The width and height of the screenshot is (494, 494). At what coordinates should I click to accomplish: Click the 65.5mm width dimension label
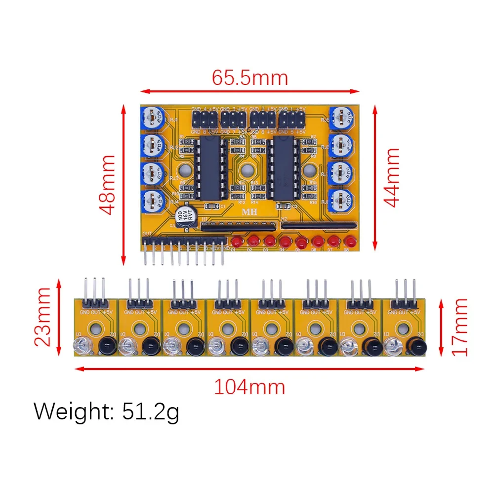click(x=249, y=78)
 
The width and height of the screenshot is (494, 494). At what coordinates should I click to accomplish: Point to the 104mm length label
click(x=249, y=387)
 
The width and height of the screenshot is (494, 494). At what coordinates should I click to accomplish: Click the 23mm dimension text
click(x=42, y=317)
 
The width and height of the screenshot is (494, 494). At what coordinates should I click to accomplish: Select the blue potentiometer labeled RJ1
click(x=154, y=118)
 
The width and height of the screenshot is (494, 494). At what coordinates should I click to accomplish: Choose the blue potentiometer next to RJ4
click(x=154, y=202)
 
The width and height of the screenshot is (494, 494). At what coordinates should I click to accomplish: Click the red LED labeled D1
click(x=238, y=242)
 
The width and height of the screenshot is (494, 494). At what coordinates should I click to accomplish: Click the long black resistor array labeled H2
click(x=319, y=225)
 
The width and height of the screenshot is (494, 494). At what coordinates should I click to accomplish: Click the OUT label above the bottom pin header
click(x=147, y=233)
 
